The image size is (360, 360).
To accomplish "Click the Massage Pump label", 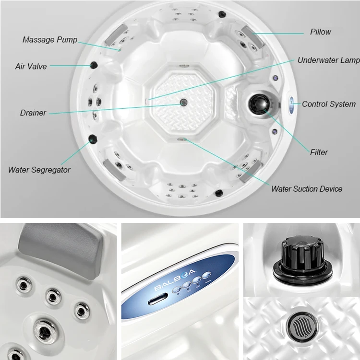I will pos(49,40).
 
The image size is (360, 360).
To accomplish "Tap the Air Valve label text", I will pos(31,67).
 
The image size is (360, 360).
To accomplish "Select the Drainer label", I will pos(33,113).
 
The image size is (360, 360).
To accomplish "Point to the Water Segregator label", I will pos(39,170).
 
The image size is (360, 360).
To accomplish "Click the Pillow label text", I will pos(320,32).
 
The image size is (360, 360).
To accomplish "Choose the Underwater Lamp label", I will pos(328,60).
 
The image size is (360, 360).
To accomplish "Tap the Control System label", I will pos(328,104).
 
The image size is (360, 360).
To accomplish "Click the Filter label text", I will pos(319,152).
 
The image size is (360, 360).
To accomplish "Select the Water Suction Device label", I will pos(307,189).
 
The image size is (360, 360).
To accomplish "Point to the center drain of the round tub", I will pos(183,102).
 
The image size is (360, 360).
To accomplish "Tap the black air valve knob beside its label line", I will pos(94,65).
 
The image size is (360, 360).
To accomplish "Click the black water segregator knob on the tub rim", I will pos(93,139).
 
